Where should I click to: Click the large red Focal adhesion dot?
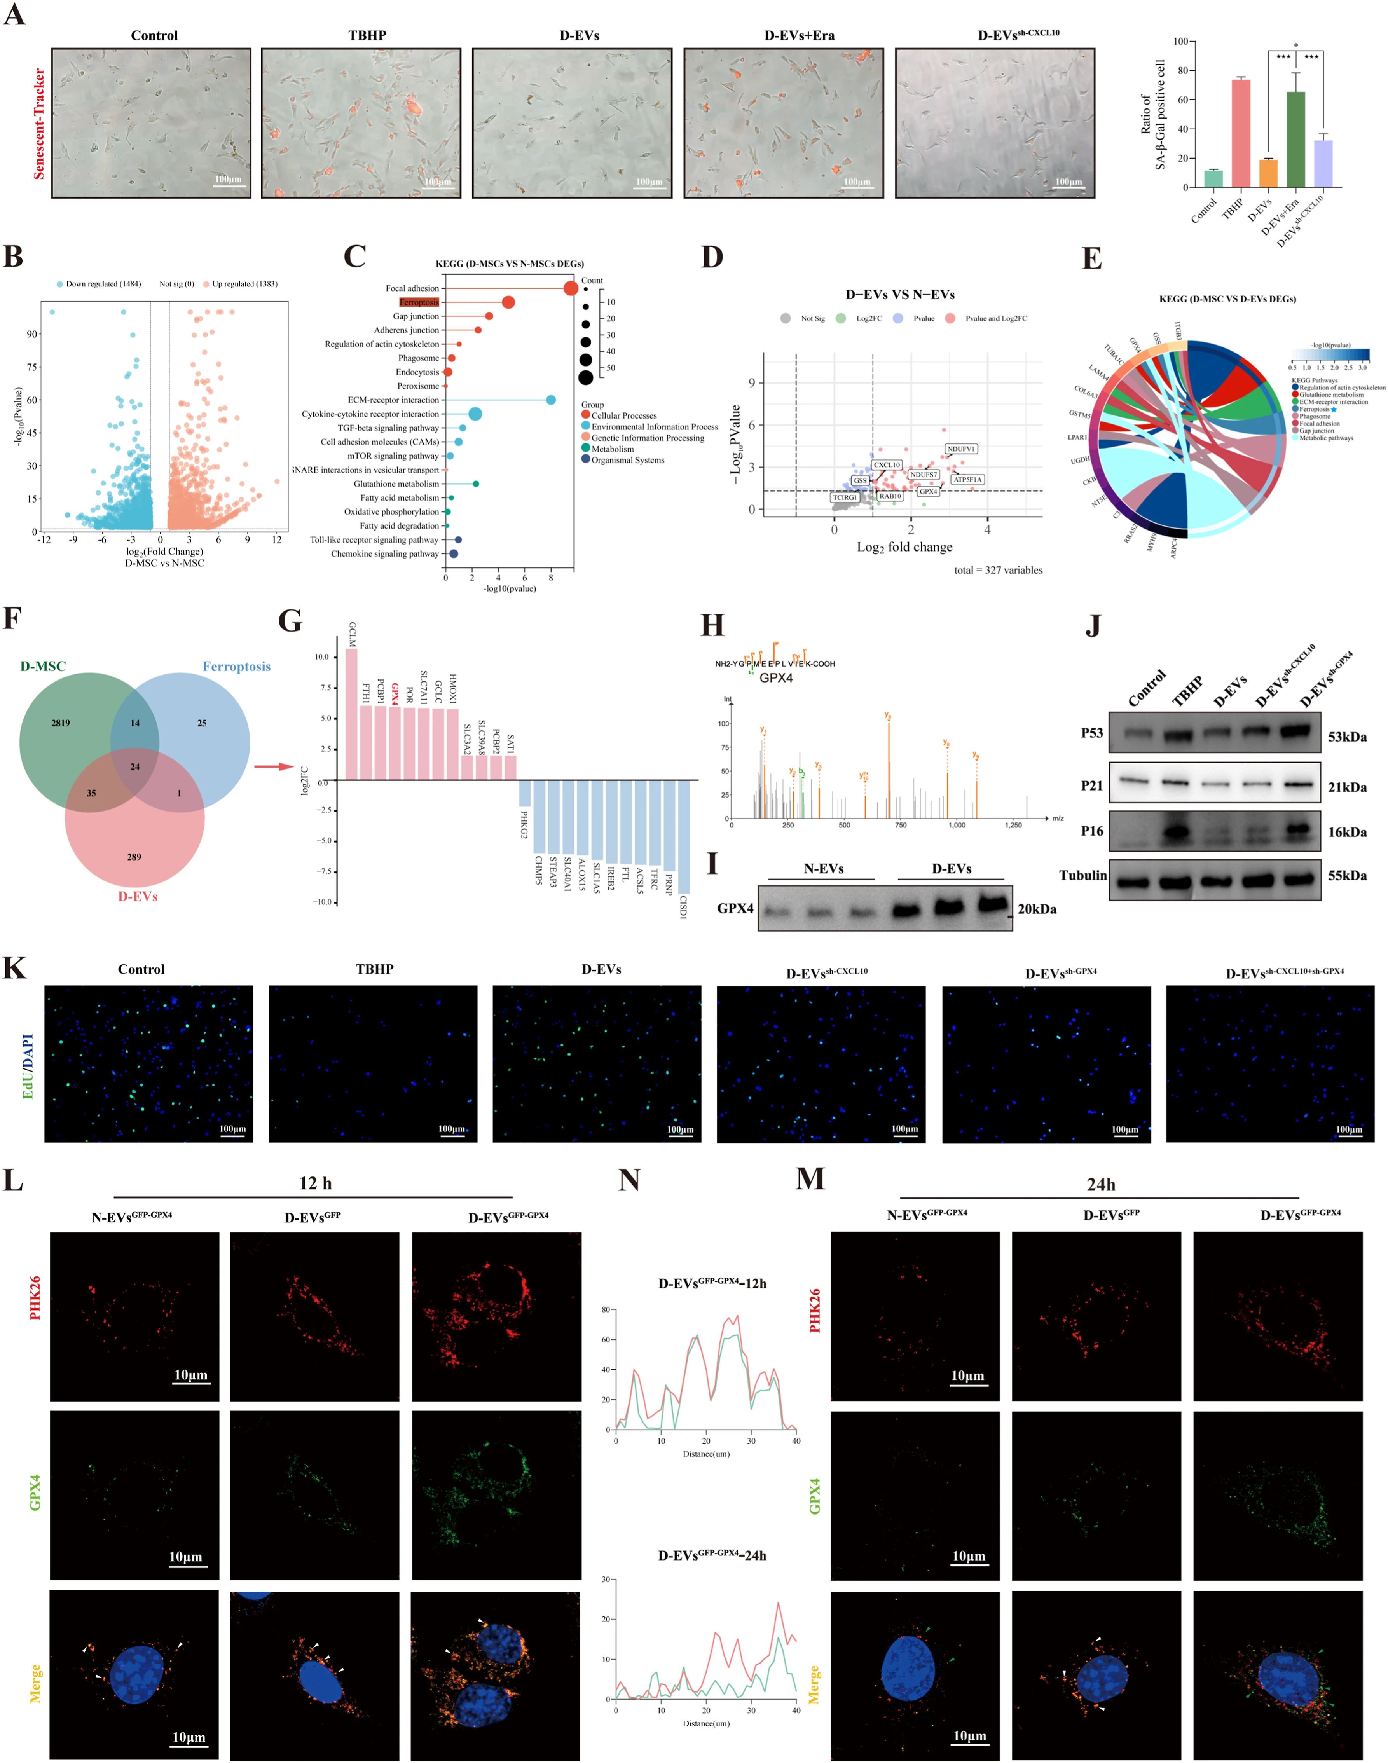[571, 288]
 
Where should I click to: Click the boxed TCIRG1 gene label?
[845, 497]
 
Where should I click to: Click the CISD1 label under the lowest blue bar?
[683, 908]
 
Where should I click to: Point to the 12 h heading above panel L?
[315, 1183]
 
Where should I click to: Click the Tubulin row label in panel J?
[1082, 875]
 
